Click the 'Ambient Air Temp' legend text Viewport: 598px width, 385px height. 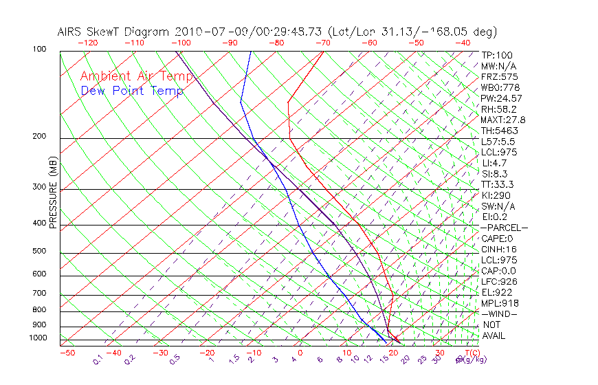point(133,76)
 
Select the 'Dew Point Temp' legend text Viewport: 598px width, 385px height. point(132,91)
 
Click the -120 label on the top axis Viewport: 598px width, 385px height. point(88,43)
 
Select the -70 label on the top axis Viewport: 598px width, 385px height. point(322,43)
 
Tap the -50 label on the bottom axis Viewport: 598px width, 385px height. point(67,353)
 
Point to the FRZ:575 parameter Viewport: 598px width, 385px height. point(500,76)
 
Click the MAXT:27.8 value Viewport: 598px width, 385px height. point(504,120)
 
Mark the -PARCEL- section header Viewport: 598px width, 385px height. point(504,228)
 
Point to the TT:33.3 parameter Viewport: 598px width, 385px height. point(498,184)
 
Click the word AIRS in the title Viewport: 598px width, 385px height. point(71,32)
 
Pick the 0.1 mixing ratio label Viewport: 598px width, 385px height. point(98,360)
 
